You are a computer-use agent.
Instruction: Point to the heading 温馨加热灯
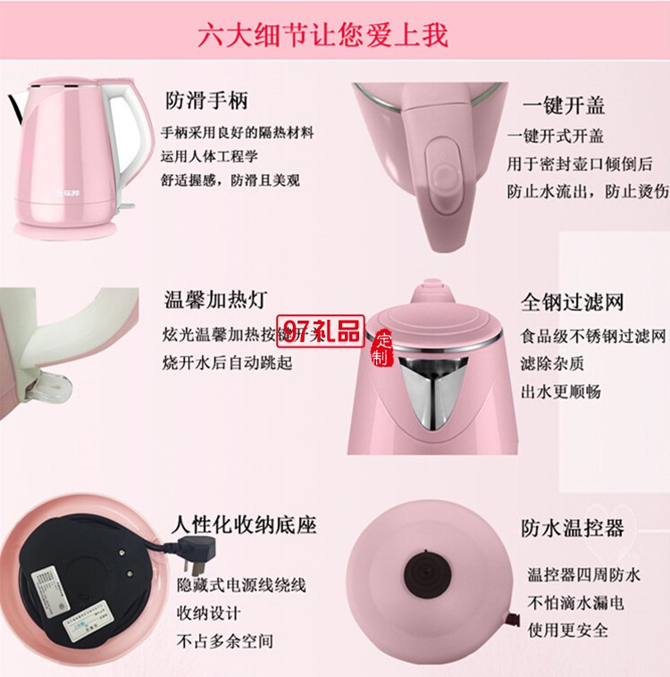click(214, 298)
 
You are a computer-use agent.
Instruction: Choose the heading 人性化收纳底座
click(243, 524)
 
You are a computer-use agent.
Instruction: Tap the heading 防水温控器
click(572, 528)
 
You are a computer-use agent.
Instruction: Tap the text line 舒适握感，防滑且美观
click(230, 180)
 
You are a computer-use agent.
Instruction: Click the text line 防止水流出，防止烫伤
click(587, 190)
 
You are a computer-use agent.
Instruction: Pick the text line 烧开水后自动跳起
click(228, 364)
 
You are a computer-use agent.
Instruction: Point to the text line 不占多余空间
click(224, 640)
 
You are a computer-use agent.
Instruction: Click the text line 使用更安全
click(567, 631)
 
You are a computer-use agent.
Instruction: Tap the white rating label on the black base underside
click(51, 589)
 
